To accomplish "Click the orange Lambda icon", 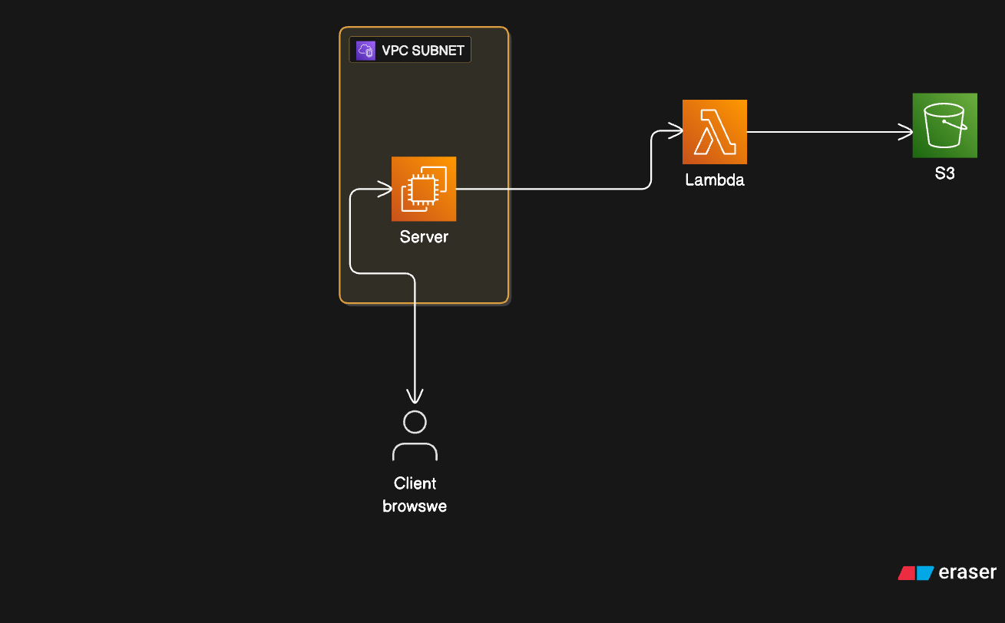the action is point(715,132).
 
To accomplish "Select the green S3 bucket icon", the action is point(945,126).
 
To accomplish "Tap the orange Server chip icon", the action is point(424,189).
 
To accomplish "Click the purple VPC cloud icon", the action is point(365,50).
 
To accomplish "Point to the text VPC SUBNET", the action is point(422,51).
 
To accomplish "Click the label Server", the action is point(424,236).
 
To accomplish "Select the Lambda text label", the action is point(715,180).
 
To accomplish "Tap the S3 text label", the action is point(945,173).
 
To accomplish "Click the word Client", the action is point(415,483).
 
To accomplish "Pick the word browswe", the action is point(415,506).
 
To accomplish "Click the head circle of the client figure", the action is point(415,422).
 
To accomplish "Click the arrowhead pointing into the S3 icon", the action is point(905,132).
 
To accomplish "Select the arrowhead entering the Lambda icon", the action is point(676,130).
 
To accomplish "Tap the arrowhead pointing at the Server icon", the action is point(385,189).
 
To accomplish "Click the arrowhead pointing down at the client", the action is point(415,396).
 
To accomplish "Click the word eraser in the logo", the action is point(967,572).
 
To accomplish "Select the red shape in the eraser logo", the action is point(906,573).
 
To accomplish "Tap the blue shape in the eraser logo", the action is point(924,573).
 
